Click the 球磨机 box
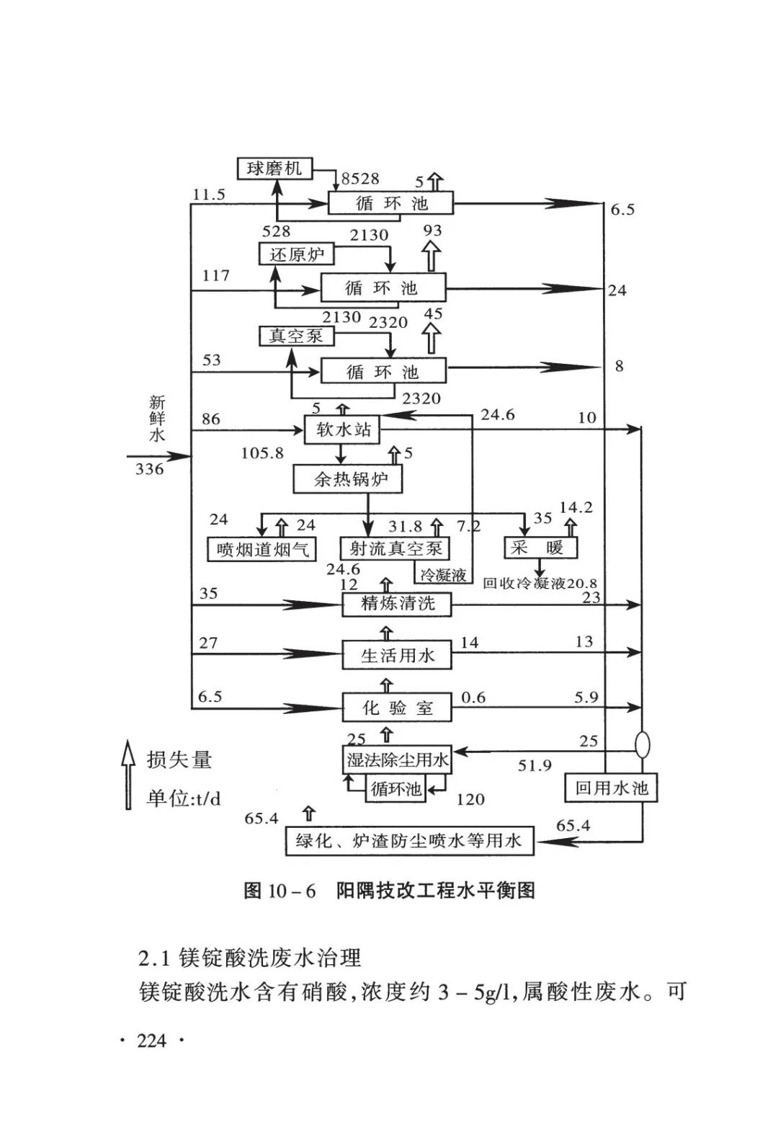click(x=274, y=169)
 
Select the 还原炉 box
click(x=297, y=254)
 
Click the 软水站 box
click(x=343, y=429)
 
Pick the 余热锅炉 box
click(x=347, y=479)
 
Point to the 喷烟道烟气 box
click(x=262, y=550)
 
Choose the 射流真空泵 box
click(x=395, y=548)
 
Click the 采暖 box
click(x=540, y=548)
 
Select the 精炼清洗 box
click(x=397, y=604)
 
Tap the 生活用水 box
click(x=397, y=655)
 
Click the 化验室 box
click(x=397, y=708)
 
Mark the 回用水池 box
click(x=611, y=788)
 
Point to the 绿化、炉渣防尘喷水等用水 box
click(x=409, y=840)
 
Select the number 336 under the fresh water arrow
click(x=149, y=469)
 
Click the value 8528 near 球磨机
click(x=360, y=179)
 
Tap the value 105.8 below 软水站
click(x=262, y=453)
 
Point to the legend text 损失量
click(x=179, y=759)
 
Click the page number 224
click(x=151, y=1041)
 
